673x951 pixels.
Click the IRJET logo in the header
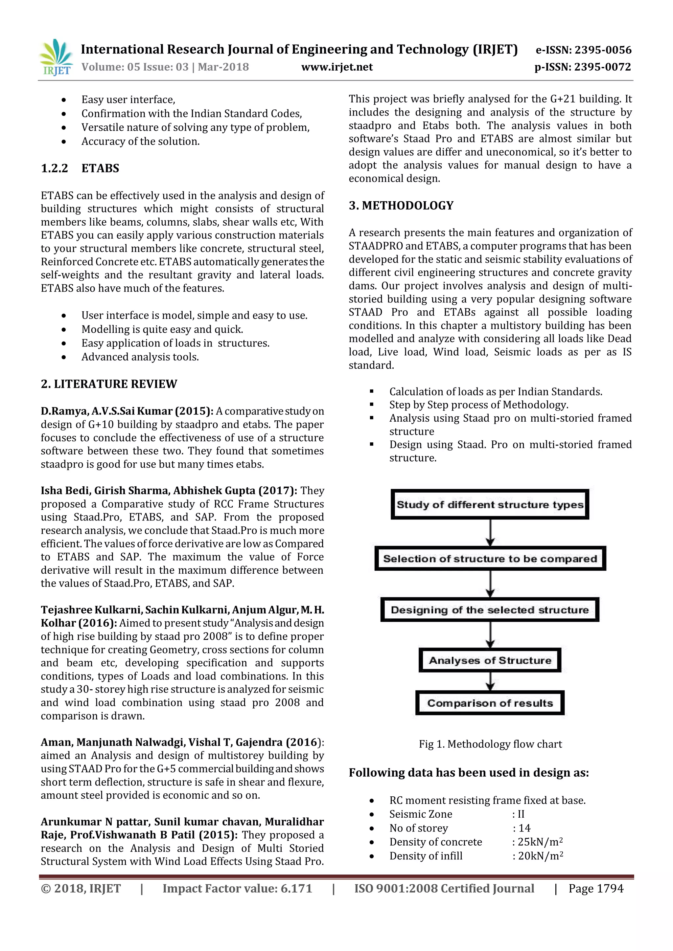56,58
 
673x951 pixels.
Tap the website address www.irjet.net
336,67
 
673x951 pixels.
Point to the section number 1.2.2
54,168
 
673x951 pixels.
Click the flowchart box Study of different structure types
490,504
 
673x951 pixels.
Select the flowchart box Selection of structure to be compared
490,559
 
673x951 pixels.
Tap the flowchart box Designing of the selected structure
490,610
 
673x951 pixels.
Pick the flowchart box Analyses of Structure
490,660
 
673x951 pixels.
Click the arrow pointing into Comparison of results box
490,682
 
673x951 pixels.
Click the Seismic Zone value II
521,814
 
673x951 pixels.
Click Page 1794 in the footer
595,889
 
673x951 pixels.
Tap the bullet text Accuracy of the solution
141,141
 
